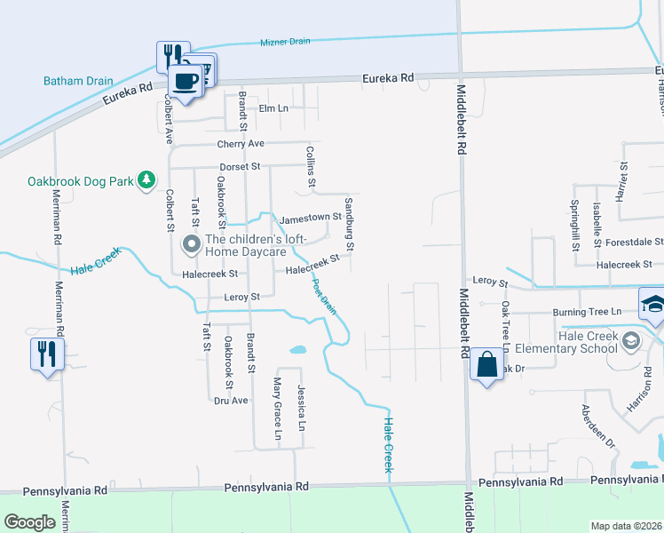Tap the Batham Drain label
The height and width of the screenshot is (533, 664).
pyautogui.click(x=78, y=81)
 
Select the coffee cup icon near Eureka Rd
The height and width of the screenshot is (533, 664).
pyautogui.click(x=185, y=82)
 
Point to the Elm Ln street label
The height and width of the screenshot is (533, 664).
pyautogui.click(x=273, y=108)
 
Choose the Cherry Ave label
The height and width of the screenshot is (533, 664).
pyautogui.click(x=241, y=144)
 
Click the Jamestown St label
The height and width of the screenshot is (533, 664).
pyautogui.click(x=311, y=218)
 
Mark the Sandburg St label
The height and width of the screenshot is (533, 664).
pyautogui.click(x=350, y=235)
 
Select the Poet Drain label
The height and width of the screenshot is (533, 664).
pyautogui.click(x=324, y=297)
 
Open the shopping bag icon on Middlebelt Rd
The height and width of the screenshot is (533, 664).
pyautogui.click(x=486, y=365)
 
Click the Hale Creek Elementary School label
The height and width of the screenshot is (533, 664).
pyautogui.click(x=588, y=342)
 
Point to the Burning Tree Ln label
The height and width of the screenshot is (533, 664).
pyautogui.click(x=587, y=312)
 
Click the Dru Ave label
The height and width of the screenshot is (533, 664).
pyautogui.click(x=231, y=401)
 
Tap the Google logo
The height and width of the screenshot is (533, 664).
pyautogui.click(x=30, y=522)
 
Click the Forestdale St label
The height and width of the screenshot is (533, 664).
pyautogui.click(x=634, y=242)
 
